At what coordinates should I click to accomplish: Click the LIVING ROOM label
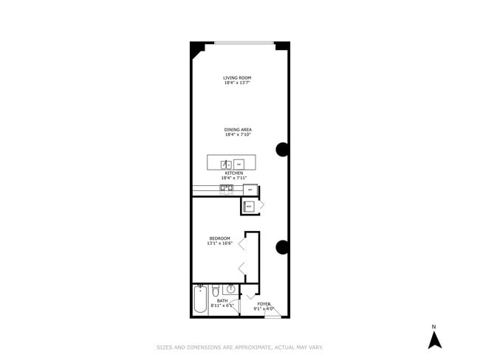tap(238, 77)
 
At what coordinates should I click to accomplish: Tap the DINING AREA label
tap(238, 130)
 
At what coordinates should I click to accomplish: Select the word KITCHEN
tap(233, 173)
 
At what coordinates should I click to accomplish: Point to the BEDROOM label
tap(219, 238)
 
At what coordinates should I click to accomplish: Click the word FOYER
tap(264, 304)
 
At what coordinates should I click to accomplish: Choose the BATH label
tap(222, 301)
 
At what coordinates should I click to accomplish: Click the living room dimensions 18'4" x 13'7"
tap(238, 83)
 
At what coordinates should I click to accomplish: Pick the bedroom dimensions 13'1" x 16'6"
tap(219, 243)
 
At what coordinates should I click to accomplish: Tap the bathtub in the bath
tap(200, 301)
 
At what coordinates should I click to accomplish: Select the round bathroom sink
tap(231, 289)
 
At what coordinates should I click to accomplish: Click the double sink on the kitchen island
tap(227, 165)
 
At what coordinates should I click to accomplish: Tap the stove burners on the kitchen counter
tap(226, 188)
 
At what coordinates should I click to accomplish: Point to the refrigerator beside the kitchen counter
tap(250, 190)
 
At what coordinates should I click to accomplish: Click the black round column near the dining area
tap(283, 150)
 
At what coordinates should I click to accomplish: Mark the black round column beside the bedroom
tap(282, 247)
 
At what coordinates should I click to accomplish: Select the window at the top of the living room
tap(244, 43)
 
